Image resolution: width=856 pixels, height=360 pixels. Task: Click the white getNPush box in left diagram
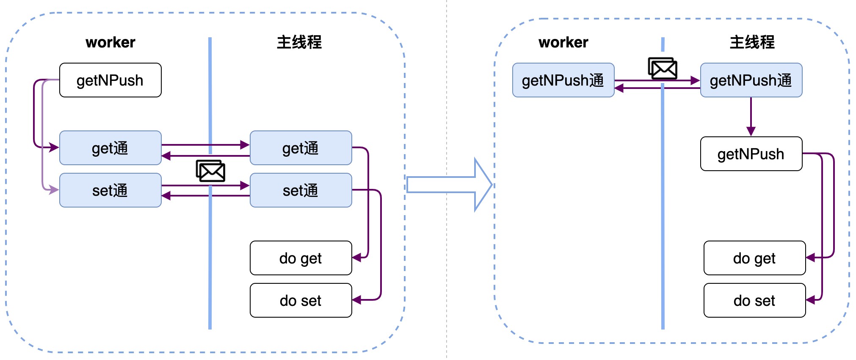(110, 80)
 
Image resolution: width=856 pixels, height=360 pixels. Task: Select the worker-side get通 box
(110, 148)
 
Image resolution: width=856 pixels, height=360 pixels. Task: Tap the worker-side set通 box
(110, 190)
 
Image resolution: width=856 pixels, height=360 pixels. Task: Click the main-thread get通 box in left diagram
(301, 148)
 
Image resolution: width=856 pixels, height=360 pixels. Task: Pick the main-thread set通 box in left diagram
(301, 190)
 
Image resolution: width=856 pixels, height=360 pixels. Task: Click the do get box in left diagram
(301, 258)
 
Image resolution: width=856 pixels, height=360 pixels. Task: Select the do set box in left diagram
(301, 300)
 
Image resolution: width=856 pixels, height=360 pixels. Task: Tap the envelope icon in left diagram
(210, 171)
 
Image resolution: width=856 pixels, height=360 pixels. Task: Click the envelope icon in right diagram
(663, 69)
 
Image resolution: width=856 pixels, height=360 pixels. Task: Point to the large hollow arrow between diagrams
(449, 185)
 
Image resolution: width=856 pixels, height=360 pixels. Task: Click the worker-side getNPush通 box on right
(563, 80)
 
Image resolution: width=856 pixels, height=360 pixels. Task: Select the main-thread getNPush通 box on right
(751, 80)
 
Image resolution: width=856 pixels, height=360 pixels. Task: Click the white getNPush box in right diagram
(751, 154)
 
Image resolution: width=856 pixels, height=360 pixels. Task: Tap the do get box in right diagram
(754, 258)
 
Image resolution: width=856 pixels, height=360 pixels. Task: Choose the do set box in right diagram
(754, 300)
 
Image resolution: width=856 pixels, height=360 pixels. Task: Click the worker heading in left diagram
(110, 42)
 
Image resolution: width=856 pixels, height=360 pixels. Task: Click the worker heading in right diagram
(563, 42)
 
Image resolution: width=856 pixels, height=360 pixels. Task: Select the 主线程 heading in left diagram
(299, 42)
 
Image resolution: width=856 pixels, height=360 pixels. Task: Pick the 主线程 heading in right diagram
(752, 42)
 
